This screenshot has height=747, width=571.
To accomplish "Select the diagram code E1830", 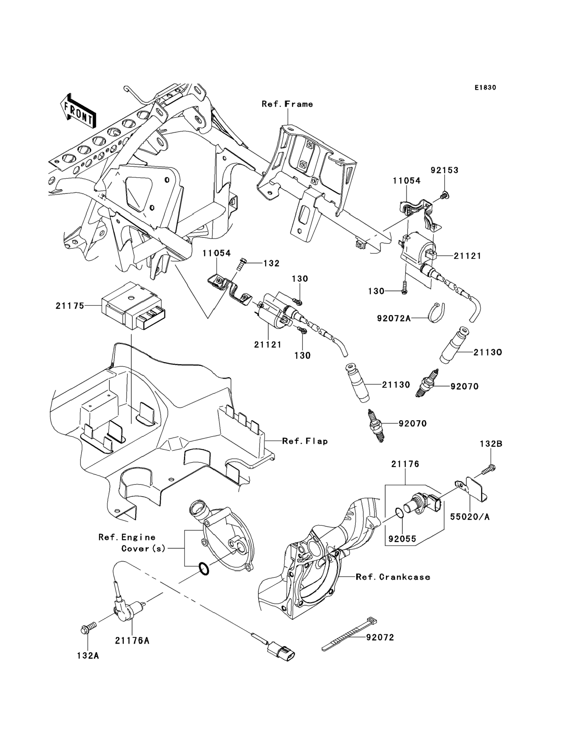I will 485,88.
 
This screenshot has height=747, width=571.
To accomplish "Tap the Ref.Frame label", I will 287,104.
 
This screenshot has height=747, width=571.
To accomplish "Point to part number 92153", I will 444,170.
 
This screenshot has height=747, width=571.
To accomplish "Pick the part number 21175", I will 70,306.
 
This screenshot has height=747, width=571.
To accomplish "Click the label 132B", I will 491,444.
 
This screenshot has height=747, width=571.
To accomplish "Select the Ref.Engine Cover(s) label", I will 132,543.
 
